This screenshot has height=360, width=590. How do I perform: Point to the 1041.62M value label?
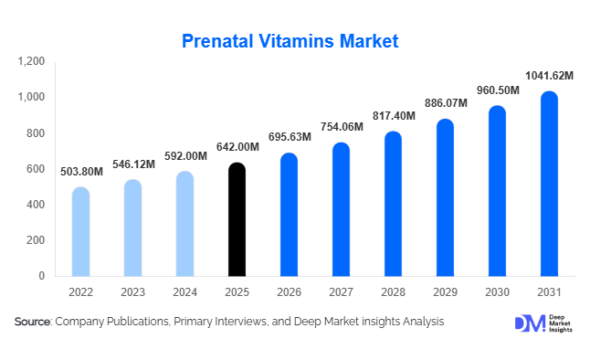pos(549,77)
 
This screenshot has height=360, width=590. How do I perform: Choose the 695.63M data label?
pos(289,138)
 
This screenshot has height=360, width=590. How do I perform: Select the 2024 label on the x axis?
pos(184,291)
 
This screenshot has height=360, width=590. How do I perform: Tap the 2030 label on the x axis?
pos(497,291)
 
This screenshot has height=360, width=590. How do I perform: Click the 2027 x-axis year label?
pos(341,291)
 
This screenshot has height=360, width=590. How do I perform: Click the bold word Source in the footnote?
pos(33,322)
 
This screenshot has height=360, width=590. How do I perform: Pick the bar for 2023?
pos(132,228)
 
